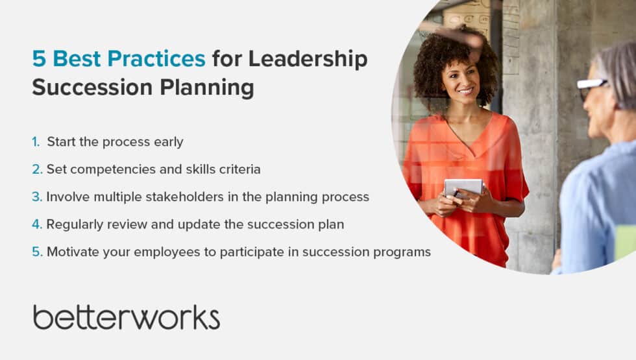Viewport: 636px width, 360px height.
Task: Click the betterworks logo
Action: pos(127,317)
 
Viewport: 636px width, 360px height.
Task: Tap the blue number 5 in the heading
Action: pos(39,59)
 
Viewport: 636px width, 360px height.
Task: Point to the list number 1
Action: pos(36,141)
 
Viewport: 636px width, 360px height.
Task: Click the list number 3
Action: pos(37,197)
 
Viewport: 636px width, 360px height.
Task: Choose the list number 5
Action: pos(37,252)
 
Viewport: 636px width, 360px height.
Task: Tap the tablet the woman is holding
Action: pos(463,187)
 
